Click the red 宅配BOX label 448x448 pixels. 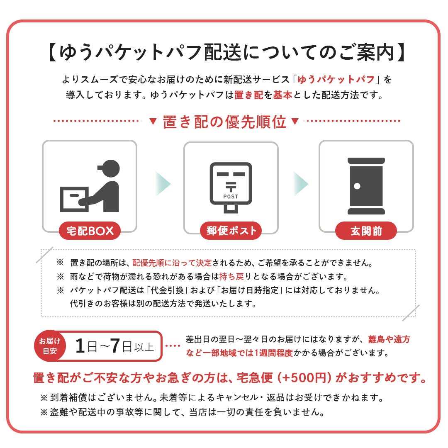click(x=90, y=231)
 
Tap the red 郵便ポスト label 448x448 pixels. click(x=231, y=231)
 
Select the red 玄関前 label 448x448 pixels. click(x=366, y=231)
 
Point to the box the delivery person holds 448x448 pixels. click(x=74, y=199)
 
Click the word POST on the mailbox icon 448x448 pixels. click(x=231, y=197)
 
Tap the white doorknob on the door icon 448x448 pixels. click(x=357, y=186)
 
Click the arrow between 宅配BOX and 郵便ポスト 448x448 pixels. click(x=163, y=183)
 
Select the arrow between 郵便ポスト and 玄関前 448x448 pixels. click(x=301, y=183)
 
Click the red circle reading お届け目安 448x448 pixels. click(x=50, y=346)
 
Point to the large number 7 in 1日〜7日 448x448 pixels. click(x=115, y=346)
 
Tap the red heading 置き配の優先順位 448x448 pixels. click(x=224, y=122)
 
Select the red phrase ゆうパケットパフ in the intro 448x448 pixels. click(x=336, y=79)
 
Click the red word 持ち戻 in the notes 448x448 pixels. click(x=232, y=276)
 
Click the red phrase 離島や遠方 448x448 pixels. click(x=389, y=339)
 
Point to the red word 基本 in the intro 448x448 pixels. click(x=282, y=95)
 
